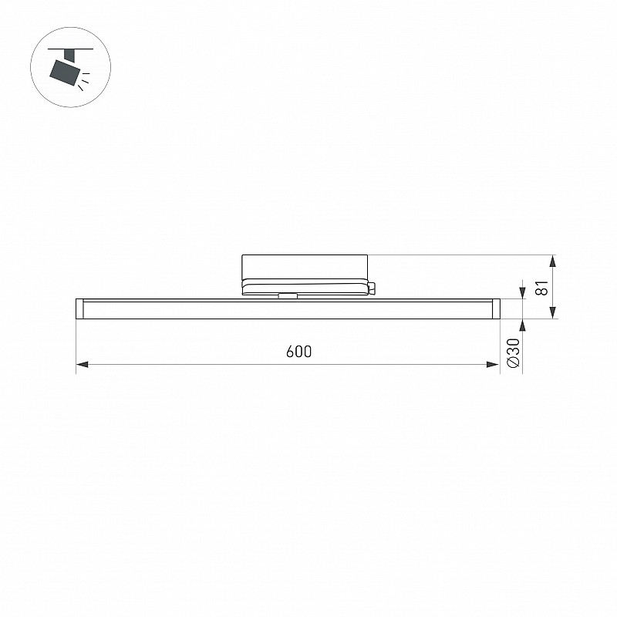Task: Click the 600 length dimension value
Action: point(298,352)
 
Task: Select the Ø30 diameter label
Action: point(514,353)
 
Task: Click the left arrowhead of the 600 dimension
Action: point(82,364)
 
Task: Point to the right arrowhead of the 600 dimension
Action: point(493,364)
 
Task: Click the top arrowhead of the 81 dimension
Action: point(553,261)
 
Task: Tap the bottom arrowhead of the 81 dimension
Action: point(553,312)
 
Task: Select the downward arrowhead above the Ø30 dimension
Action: point(523,293)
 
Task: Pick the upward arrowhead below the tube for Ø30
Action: point(523,325)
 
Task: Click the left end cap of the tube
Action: point(79,308)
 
